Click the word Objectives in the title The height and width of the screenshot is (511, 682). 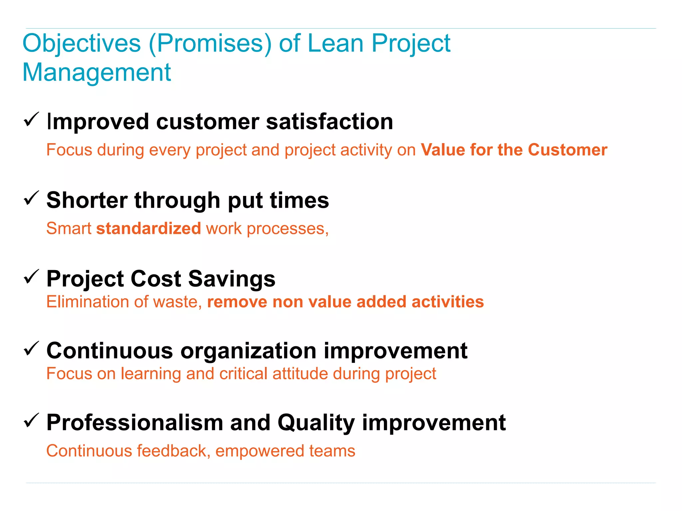[x=82, y=44]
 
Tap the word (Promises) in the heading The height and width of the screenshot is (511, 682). [x=210, y=44]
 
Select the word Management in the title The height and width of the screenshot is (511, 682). [x=97, y=73]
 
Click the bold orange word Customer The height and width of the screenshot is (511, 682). [x=567, y=150]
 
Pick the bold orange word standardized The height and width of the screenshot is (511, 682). [x=149, y=229]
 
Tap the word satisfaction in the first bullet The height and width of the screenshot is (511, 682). [x=329, y=122]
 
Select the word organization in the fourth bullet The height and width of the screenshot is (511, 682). [x=248, y=351]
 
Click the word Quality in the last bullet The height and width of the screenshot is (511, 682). [x=316, y=423]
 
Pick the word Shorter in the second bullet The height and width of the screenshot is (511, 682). [x=87, y=200]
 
